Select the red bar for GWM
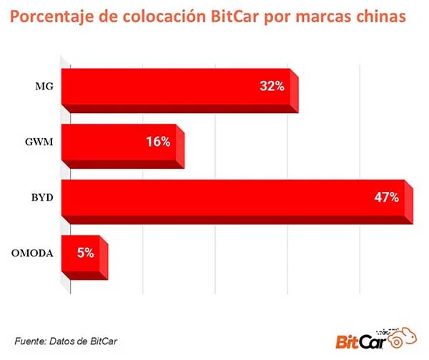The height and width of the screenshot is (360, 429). [x=122, y=142]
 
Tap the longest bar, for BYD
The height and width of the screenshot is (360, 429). [x=236, y=198]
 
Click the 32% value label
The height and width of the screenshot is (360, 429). [x=272, y=87]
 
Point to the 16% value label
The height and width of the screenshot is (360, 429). [x=157, y=142]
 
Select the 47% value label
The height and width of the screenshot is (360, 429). [x=386, y=197]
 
